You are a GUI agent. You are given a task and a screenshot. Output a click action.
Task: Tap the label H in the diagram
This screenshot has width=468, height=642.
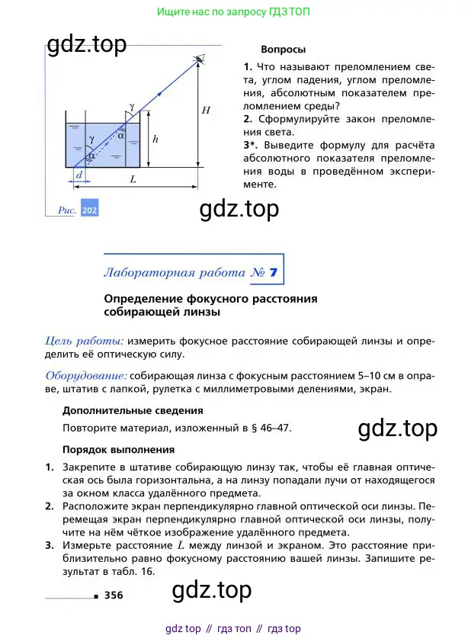[x=206, y=110]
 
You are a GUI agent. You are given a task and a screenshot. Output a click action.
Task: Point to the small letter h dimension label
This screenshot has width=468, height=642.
[x=155, y=140]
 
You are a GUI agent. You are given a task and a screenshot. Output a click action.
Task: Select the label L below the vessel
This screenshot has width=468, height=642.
[x=133, y=179]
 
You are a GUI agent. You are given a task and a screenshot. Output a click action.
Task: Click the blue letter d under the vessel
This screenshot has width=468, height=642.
[x=79, y=175]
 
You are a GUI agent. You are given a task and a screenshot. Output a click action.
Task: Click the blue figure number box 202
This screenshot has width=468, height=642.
[x=90, y=210]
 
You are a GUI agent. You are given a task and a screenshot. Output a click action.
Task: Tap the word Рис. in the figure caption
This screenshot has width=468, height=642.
[x=68, y=210]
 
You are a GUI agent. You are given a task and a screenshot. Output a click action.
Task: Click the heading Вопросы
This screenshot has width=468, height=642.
[x=283, y=50]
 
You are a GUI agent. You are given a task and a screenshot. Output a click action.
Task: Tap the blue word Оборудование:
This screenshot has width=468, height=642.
[x=86, y=375]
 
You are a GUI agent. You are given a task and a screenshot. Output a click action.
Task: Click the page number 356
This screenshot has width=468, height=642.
[x=114, y=595]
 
